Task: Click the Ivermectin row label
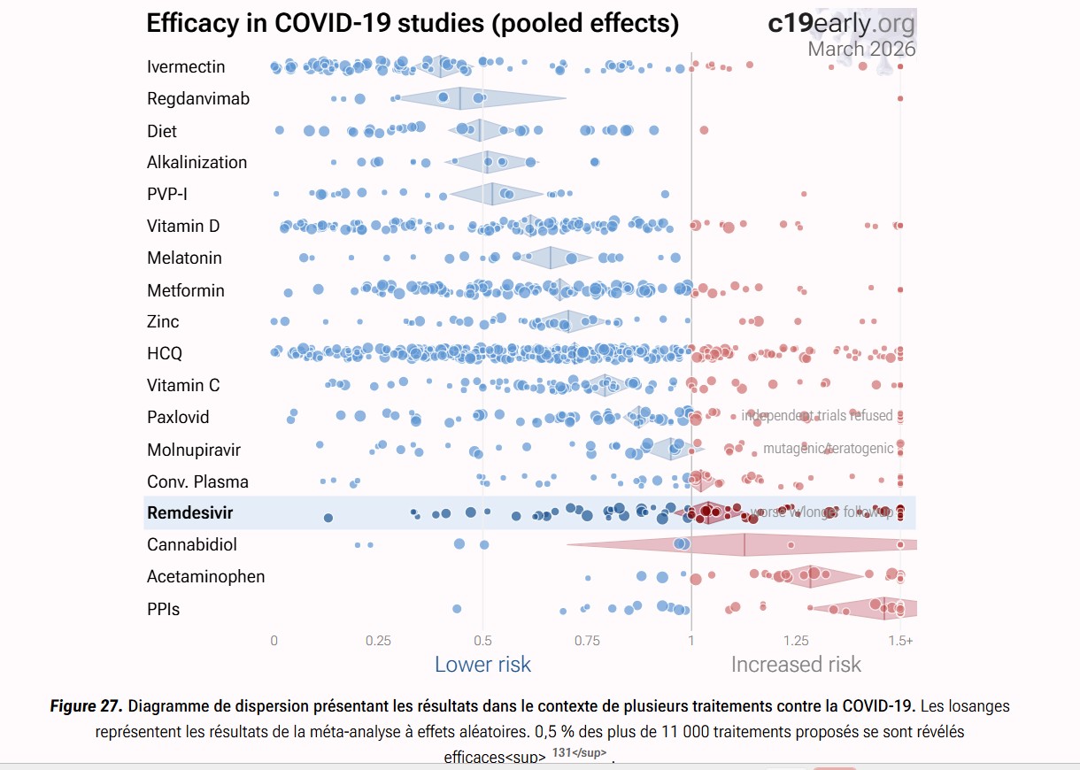coord(186,67)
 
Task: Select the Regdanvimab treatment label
coord(198,99)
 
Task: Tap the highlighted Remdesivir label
coord(189,513)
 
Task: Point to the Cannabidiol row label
coord(192,545)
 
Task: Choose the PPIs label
coord(164,609)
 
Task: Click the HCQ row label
coord(165,354)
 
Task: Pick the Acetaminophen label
coord(206,577)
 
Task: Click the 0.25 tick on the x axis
coord(378,641)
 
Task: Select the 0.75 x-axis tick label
coord(587,641)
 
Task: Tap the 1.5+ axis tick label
coord(901,641)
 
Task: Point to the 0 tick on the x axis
coord(274,641)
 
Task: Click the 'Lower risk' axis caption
coord(482,664)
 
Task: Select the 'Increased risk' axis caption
coord(796,664)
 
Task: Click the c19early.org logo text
coord(842,24)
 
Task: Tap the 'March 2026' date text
coord(861,49)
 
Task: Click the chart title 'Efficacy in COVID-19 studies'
coord(413,24)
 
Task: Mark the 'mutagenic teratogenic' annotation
coord(829,449)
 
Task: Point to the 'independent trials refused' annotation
coord(817,416)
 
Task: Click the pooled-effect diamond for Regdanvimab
coord(461,98)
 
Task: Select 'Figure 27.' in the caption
coord(87,707)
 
